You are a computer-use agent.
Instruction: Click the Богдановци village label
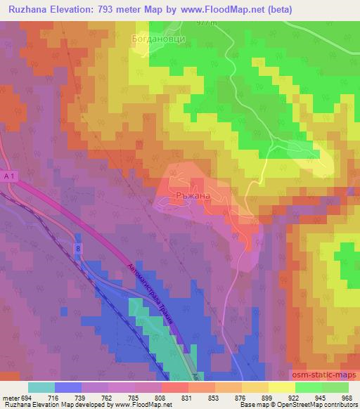coord(158,40)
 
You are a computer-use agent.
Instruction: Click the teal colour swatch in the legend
coord(41,387)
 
